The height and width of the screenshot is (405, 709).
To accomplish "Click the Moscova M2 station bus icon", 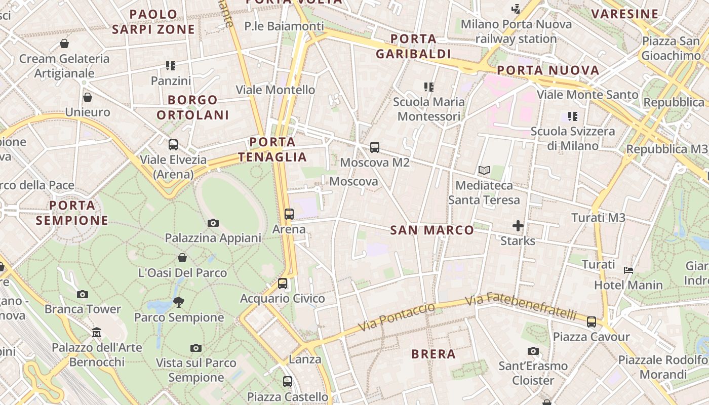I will (x=375, y=147).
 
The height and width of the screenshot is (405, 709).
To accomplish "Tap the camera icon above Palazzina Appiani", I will (x=213, y=223).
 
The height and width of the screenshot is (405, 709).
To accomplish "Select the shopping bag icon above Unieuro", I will (x=88, y=97).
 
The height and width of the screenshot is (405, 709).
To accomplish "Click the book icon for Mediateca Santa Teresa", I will (x=484, y=170).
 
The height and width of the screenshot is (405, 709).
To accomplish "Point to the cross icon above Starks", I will (x=518, y=226).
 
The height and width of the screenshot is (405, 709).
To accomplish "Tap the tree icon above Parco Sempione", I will (x=178, y=302).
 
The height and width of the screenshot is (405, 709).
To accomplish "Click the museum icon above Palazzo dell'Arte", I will (x=97, y=333).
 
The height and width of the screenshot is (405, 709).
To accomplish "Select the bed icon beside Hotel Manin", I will (x=628, y=270).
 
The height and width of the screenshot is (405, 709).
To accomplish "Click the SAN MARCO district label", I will (x=432, y=230).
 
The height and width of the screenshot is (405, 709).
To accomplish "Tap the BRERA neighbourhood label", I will (x=434, y=354).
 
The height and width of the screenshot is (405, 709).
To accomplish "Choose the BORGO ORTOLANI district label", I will (x=193, y=107).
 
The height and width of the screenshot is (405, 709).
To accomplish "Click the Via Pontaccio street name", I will (x=397, y=317).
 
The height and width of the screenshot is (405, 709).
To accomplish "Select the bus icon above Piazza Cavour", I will (x=591, y=321).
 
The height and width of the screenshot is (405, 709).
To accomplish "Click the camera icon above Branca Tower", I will (x=83, y=294).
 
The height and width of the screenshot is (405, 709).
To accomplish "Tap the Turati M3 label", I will (x=598, y=218).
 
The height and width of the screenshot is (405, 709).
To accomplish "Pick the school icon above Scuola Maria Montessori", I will (x=429, y=87).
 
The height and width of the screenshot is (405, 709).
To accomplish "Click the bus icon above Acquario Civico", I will (x=283, y=283).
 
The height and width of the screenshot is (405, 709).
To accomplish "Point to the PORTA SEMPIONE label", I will (x=72, y=213).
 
